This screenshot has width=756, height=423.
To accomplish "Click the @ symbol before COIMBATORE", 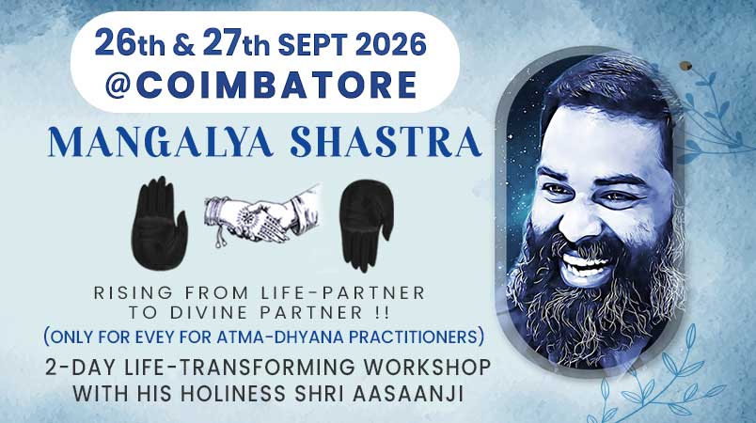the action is (x=118, y=86).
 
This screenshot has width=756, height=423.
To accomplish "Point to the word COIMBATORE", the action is (x=276, y=85).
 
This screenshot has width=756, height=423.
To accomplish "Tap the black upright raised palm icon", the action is (x=159, y=223).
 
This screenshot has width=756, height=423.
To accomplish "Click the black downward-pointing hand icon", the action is (x=366, y=225).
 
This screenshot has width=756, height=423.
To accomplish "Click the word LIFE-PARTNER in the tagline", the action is (x=343, y=292).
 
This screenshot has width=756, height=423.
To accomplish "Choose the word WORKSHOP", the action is (x=427, y=368).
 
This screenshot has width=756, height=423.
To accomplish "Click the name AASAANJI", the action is (x=408, y=394).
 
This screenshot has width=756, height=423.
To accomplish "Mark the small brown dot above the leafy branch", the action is (x=685, y=65).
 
